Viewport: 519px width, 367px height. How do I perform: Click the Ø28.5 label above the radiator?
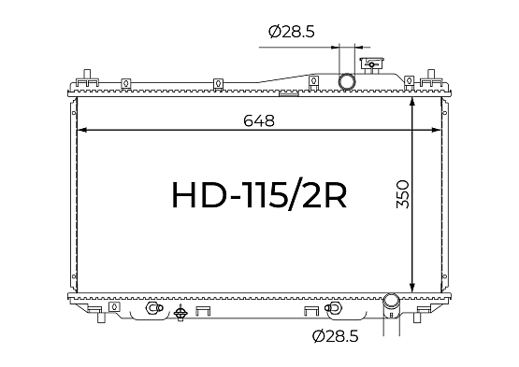click(291, 32)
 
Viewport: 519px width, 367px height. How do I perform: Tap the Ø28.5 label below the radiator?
click(336, 336)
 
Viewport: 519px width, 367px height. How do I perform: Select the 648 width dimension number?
click(259, 120)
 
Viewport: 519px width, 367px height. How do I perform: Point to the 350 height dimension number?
click(403, 194)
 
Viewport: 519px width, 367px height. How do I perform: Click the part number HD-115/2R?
click(259, 195)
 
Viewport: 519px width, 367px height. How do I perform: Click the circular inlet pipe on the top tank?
click(347, 81)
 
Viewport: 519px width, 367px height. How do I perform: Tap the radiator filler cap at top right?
click(371, 65)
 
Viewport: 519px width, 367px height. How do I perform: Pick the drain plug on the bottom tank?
click(180, 313)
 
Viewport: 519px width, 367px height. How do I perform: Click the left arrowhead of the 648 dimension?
click(81, 130)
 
